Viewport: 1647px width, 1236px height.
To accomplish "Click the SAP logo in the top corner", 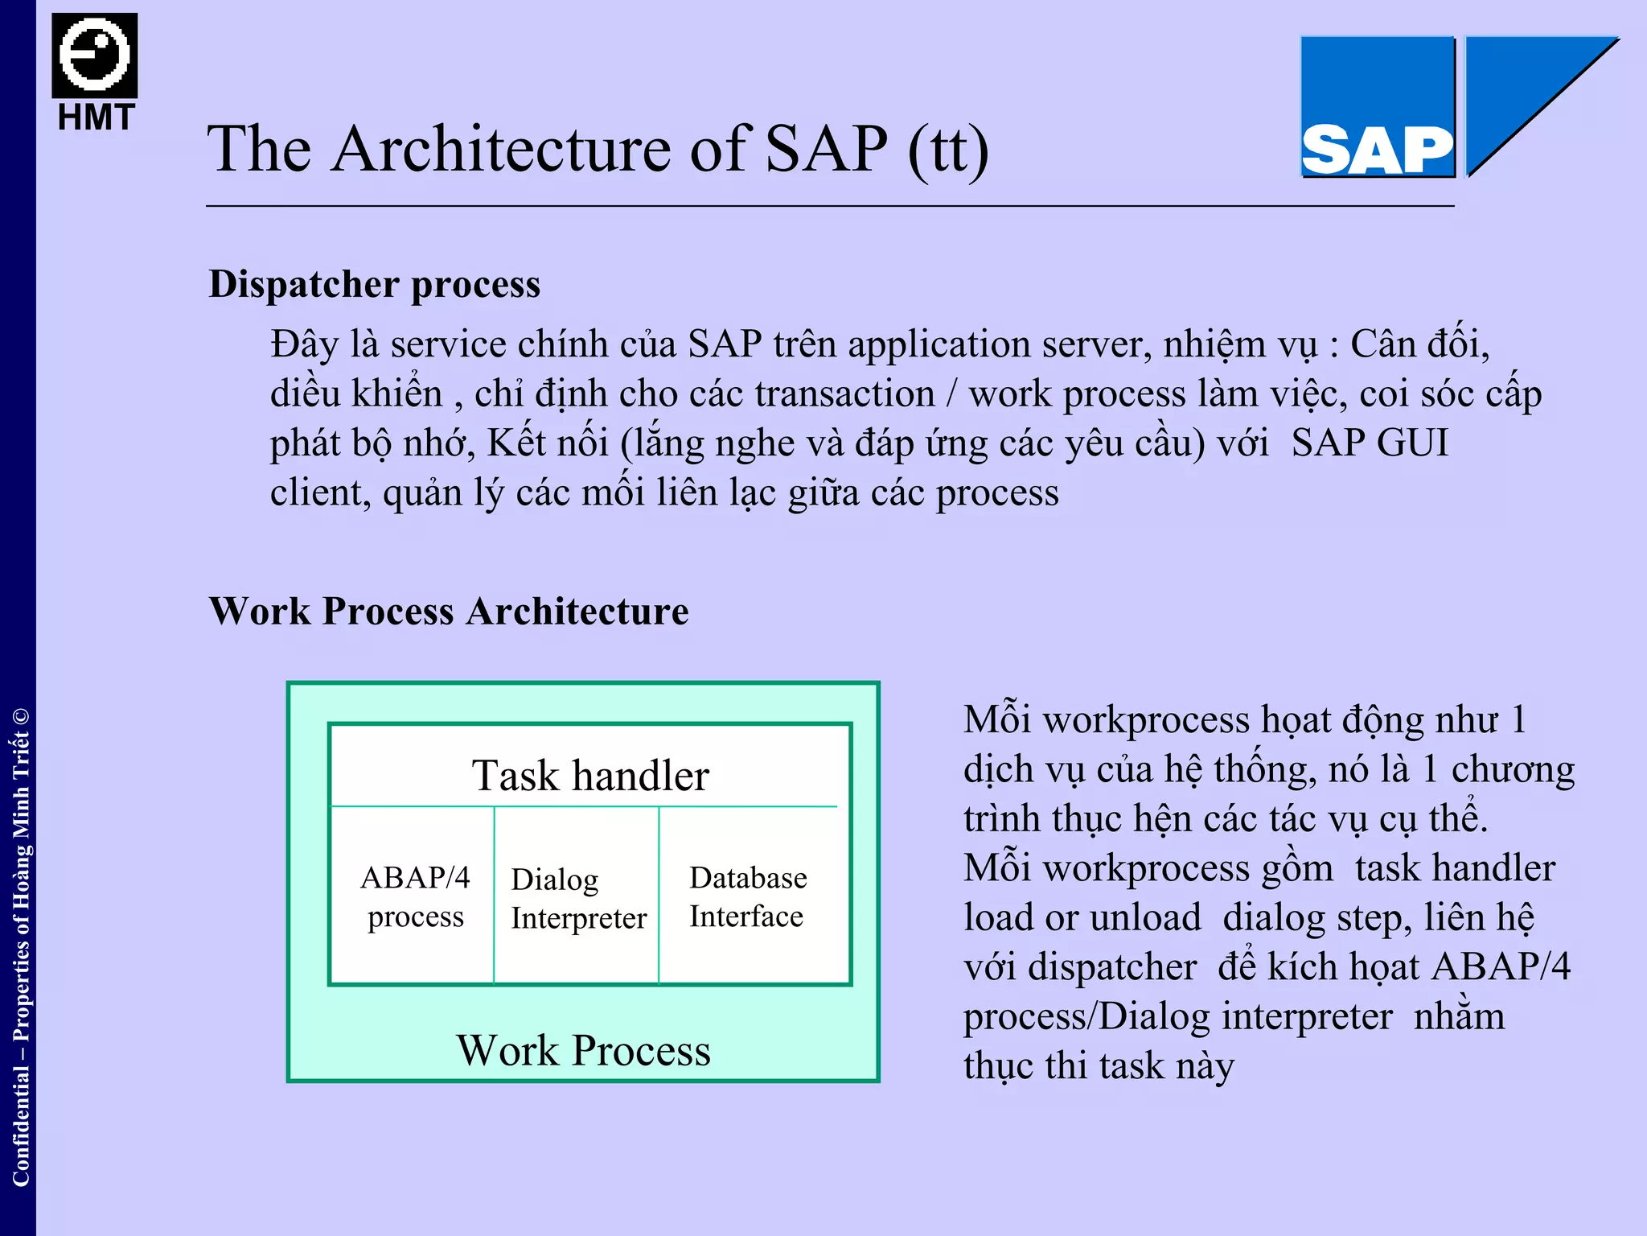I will [x=1378, y=107].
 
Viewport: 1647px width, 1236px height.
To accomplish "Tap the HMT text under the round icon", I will [x=96, y=118].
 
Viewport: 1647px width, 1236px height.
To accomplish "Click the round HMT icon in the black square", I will [x=95, y=55].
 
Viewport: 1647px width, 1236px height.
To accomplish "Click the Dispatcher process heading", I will [x=374, y=284].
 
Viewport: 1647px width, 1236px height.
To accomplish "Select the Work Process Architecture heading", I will [x=449, y=611].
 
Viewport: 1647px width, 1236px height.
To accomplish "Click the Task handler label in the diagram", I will [x=590, y=776].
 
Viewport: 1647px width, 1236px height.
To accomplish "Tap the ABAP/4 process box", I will [x=415, y=896].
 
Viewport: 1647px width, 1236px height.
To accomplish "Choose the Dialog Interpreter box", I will [x=577, y=898].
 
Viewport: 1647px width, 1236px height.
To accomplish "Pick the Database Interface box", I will [x=748, y=896].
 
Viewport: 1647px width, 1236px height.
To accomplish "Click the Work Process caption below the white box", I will [x=584, y=1050].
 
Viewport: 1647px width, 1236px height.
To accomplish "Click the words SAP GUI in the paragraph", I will [x=1370, y=443].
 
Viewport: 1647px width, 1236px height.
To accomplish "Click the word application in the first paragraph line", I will [x=938, y=344].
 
